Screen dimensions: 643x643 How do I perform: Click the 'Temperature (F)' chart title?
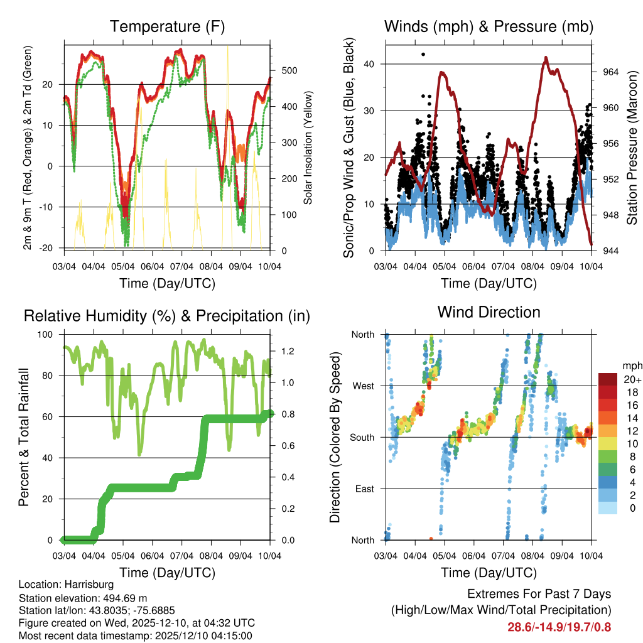167,26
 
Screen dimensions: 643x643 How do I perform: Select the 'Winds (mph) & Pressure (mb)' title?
489,26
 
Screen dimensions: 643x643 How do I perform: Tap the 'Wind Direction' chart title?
489,311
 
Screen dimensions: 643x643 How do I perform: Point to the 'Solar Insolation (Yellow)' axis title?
308,148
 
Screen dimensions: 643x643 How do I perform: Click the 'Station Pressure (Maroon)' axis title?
632,148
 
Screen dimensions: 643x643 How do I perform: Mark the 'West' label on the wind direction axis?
363,386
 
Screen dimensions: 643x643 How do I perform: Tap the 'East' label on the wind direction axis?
364,489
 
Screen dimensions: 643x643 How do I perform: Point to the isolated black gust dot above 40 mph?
423,54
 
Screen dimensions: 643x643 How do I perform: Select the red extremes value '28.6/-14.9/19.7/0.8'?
559,627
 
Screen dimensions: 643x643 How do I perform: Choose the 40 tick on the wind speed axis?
374,63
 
